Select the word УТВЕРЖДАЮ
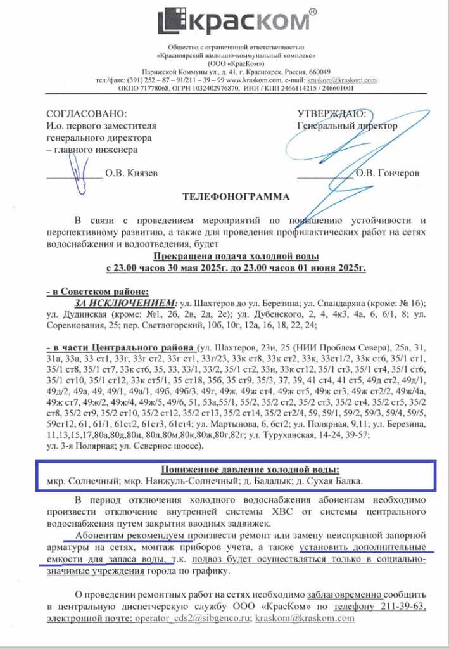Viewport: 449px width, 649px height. (331, 114)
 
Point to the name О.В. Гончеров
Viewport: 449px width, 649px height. (386, 172)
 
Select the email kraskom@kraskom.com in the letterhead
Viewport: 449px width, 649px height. (341, 80)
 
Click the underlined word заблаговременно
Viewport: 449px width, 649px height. (345, 594)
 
